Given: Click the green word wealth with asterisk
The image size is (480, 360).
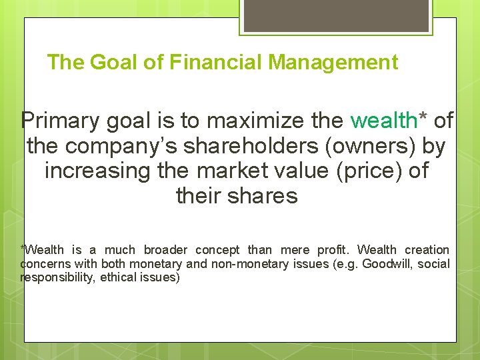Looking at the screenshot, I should pos(389,121).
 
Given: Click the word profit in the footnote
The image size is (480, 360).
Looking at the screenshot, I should pos(333,250).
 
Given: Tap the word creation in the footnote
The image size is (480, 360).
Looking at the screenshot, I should pos(427,250).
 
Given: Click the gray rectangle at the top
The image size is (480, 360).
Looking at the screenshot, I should pos(336,15).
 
